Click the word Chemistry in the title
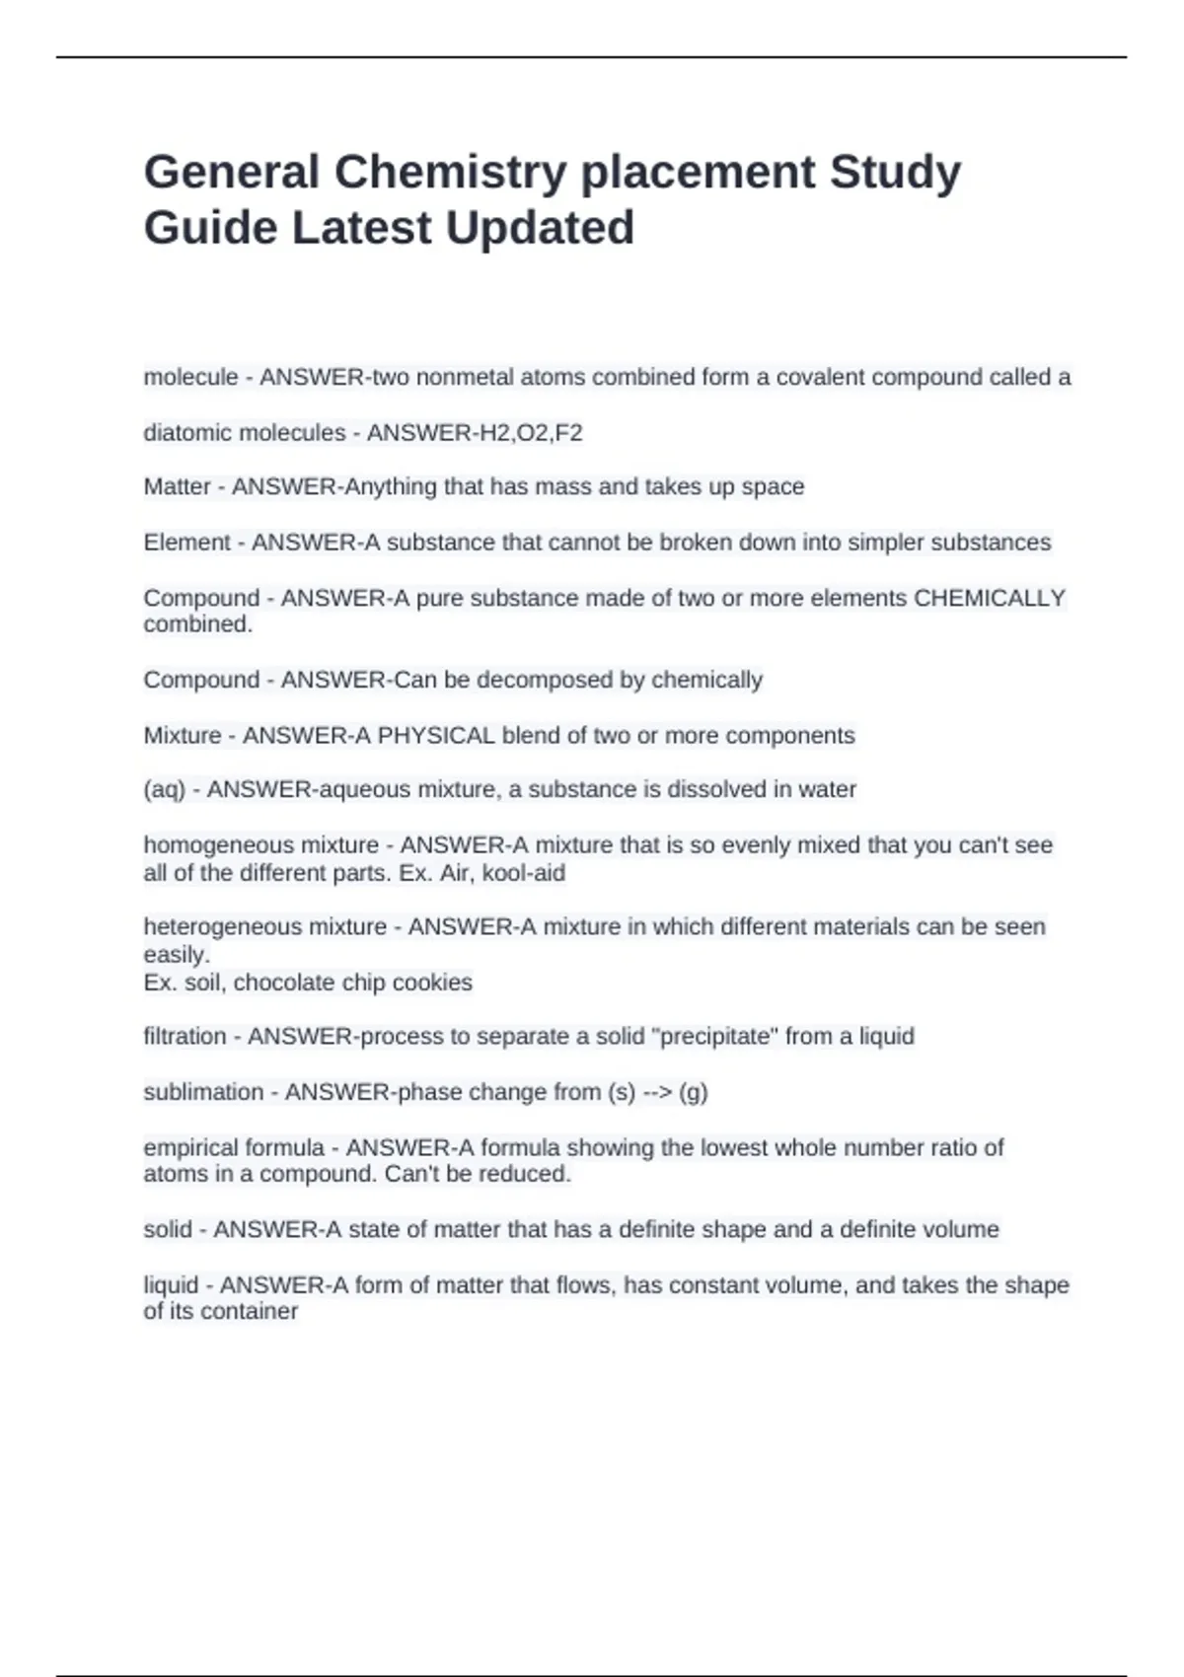coord(450,173)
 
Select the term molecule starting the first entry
coord(190,377)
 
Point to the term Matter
coord(177,487)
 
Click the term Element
coord(186,543)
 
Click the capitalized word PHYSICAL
coord(436,736)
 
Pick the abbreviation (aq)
coord(164,790)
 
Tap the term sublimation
coord(203,1092)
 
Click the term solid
coord(168,1230)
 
